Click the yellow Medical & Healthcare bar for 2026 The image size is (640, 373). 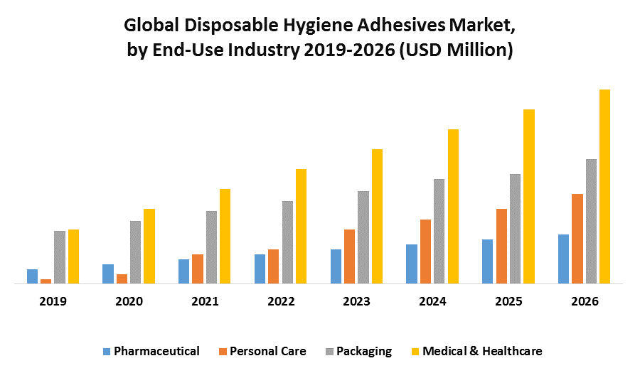point(604,186)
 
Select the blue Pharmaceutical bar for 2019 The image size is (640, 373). point(32,276)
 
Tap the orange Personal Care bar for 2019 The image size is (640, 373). point(46,281)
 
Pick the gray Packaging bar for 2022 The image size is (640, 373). point(287,242)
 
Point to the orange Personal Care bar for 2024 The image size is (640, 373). point(425,252)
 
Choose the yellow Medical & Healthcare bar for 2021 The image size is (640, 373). point(225,236)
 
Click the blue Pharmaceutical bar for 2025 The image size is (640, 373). point(487,261)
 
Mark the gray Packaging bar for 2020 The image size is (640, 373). point(135,252)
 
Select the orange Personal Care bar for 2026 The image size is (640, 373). point(577,239)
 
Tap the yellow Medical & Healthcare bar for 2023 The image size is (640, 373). point(377,216)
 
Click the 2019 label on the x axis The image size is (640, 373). point(53,301)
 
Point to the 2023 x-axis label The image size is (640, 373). point(356,301)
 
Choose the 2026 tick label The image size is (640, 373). point(585,301)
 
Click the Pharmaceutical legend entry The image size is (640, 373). point(151,351)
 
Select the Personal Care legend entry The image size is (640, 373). point(262,351)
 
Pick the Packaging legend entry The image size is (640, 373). point(357,351)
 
